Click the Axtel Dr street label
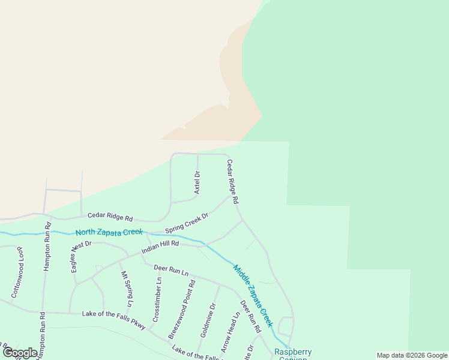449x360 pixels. click(x=197, y=182)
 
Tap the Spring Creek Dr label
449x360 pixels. click(x=187, y=223)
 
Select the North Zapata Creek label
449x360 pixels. click(x=109, y=232)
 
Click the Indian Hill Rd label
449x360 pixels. click(x=160, y=247)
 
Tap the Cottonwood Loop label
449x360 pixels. click(x=17, y=272)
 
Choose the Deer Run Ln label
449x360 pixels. click(x=171, y=271)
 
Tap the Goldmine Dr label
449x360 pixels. click(x=208, y=320)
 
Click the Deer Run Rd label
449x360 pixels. click(x=250, y=317)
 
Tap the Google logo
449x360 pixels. click(x=20, y=353)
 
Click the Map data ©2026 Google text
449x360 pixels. click(x=412, y=355)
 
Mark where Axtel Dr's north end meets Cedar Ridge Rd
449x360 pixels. click(x=197, y=154)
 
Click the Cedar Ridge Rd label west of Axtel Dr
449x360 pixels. click(x=110, y=217)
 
